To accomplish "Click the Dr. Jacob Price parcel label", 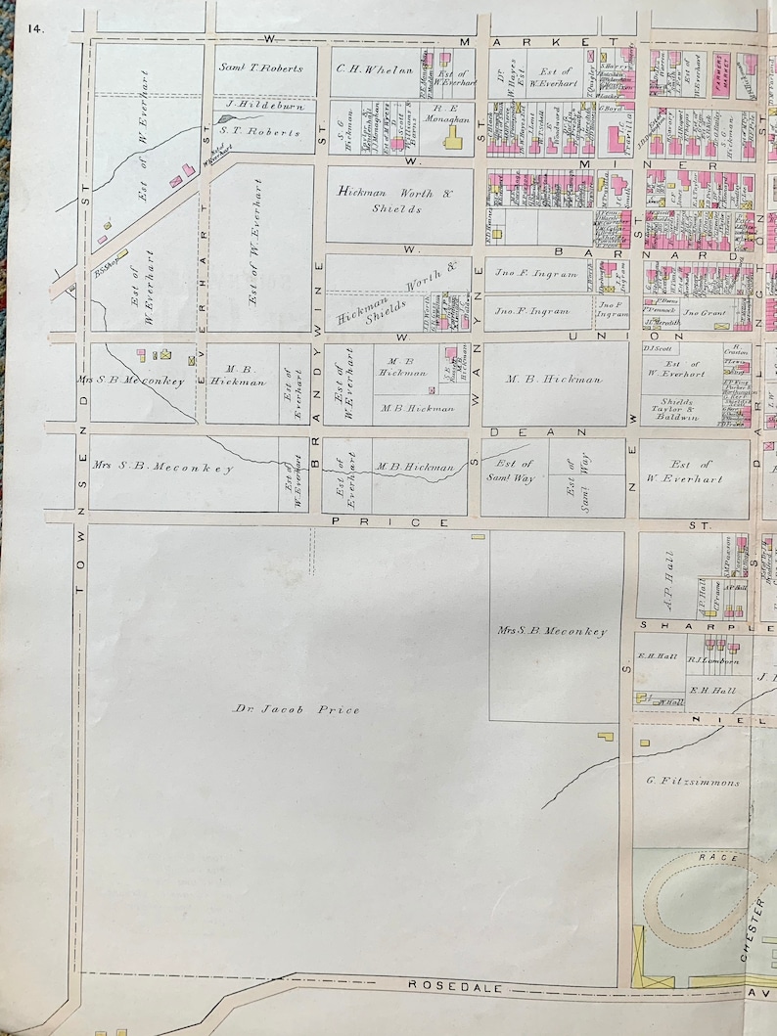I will (x=296, y=709).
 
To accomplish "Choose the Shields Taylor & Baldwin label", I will (x=692, y=410).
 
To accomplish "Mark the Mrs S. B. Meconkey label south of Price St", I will (x=552, y=631).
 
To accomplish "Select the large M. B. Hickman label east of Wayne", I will (x=553, y=380).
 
